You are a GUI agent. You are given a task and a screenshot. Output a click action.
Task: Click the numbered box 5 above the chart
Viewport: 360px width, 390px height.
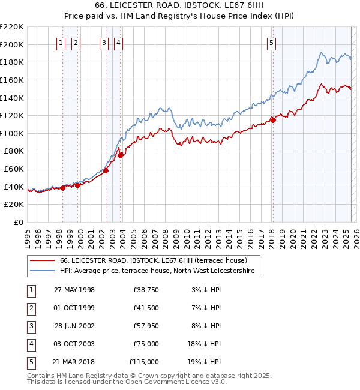click(x=272, y=43)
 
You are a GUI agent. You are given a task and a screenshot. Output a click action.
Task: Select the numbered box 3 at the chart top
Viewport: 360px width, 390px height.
click(x=104, y=43)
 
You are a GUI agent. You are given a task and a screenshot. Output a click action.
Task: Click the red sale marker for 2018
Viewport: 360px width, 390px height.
click(x=273, y=120)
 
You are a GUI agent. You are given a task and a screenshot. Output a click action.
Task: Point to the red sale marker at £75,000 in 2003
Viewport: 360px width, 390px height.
click(x=121, y=155)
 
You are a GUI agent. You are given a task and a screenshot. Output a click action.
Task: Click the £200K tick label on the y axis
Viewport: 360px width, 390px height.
click(x=12, y=44)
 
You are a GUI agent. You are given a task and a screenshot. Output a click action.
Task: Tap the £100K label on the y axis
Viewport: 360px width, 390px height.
click(x=12, y=133)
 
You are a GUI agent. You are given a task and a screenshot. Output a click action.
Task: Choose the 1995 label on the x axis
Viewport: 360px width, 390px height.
click(x=28, y=235)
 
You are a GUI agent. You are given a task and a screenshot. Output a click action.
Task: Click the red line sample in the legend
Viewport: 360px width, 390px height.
click(x=42, y=260)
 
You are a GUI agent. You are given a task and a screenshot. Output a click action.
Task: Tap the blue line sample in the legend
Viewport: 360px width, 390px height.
click(x=42, y=271)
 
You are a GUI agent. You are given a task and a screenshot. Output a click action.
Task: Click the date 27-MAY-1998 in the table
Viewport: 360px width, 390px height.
click(x=74, y=290)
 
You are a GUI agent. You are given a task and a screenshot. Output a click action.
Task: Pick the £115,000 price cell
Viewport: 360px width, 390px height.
click(x=144, y=362)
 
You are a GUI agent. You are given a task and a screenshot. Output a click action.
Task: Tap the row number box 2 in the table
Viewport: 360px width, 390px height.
click(x=31, y=308)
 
